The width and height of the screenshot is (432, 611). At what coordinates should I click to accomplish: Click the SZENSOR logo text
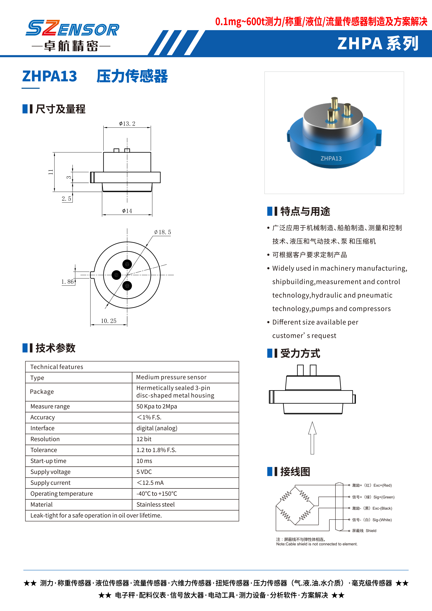72,28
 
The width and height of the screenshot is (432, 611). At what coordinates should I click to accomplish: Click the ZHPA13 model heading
50,76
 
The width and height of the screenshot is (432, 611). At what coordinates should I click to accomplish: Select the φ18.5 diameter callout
162,232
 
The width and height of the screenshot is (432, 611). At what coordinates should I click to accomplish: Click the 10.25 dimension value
109,321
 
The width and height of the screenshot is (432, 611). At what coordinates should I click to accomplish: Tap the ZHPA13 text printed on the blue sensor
331,159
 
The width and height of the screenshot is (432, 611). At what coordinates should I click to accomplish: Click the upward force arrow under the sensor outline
312,438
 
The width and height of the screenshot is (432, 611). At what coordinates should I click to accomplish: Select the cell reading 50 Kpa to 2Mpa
157,406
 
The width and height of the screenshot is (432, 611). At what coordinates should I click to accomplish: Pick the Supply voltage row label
51,472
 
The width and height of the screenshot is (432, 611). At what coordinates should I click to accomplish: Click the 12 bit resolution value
144,439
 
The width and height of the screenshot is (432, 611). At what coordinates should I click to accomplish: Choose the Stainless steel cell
156,505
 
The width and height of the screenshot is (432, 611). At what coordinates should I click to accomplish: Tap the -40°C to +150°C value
157,494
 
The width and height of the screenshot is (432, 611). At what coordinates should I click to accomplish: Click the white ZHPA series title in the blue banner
378,44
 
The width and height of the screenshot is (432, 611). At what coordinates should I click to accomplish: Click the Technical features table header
57,367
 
